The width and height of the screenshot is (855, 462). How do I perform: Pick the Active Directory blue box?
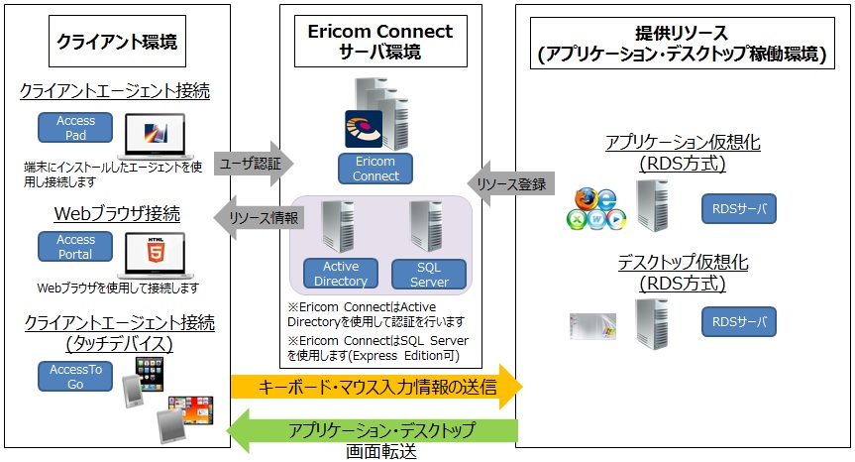[342, 274]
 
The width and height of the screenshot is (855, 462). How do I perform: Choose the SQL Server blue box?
[429, 274]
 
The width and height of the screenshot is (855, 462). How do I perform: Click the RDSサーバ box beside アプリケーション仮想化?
[739, 209]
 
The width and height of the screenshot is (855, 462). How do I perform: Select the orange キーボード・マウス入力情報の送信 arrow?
[374, 386]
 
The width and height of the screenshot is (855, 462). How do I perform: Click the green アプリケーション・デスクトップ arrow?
[374, 430]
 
